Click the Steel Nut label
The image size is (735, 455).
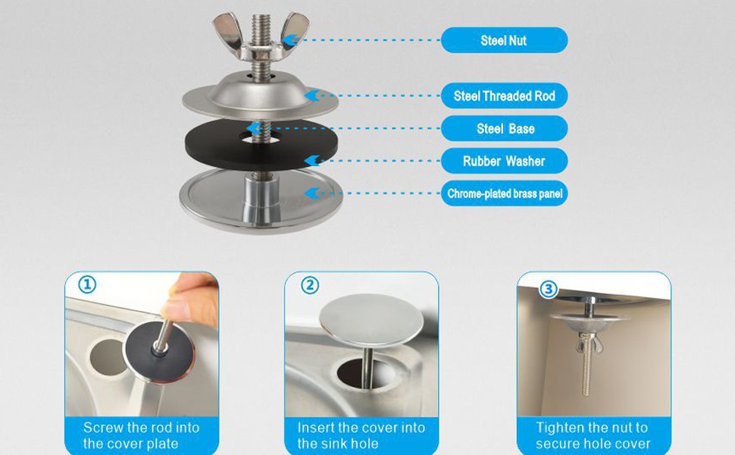[504, 40]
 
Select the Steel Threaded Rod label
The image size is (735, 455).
[504, 96]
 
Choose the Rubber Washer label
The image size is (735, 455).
[504, 161]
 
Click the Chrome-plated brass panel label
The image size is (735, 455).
[504, 193]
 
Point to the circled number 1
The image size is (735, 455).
[86, 284]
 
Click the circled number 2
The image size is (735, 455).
[309, 284]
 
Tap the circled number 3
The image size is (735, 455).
[549, 290]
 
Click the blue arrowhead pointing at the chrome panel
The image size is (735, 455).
[312, 193]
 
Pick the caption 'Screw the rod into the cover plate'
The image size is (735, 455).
[142, 436]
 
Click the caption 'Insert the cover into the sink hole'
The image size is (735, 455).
[361, 436]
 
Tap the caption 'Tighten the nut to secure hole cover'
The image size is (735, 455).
[593, 436]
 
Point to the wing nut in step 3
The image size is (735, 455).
[590, 343]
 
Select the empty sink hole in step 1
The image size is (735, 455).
[108, 357]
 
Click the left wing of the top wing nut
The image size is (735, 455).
[228, 30]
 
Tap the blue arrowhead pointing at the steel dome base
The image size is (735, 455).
[312, 96]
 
